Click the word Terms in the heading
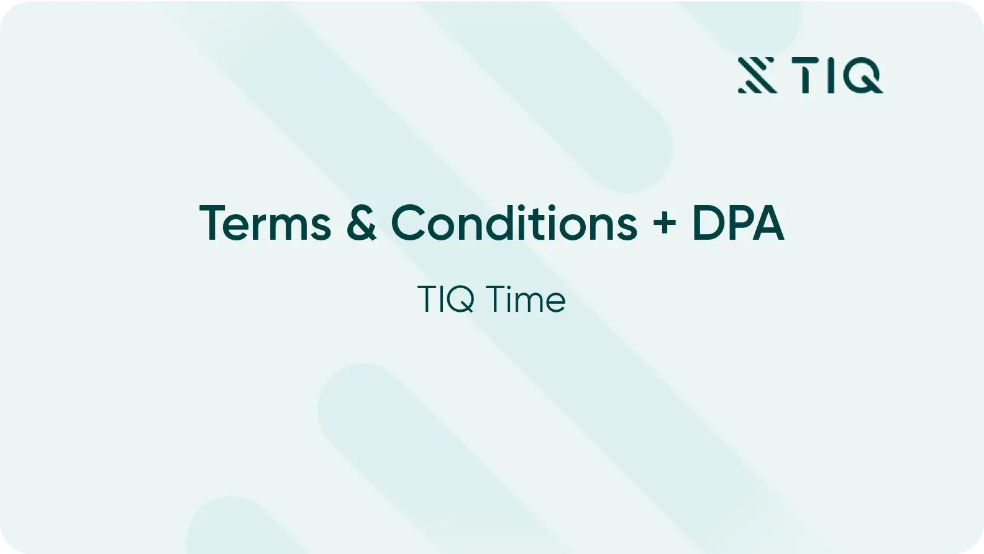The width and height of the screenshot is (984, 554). [265, 223]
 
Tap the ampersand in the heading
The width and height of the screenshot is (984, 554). [362, 223]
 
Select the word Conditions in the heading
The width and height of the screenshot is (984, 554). [514, 223]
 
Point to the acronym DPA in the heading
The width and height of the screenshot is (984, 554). [739, 223]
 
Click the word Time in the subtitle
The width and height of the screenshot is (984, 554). [526, 299]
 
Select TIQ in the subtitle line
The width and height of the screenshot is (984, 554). [446, 299]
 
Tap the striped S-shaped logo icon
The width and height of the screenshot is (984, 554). [757, 75]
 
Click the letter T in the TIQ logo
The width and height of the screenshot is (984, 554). [806, 75]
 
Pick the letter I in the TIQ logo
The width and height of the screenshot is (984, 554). [831, 75]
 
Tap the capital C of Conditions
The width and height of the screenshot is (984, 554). [408, 223]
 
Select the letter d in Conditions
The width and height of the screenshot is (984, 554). [501, 223]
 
